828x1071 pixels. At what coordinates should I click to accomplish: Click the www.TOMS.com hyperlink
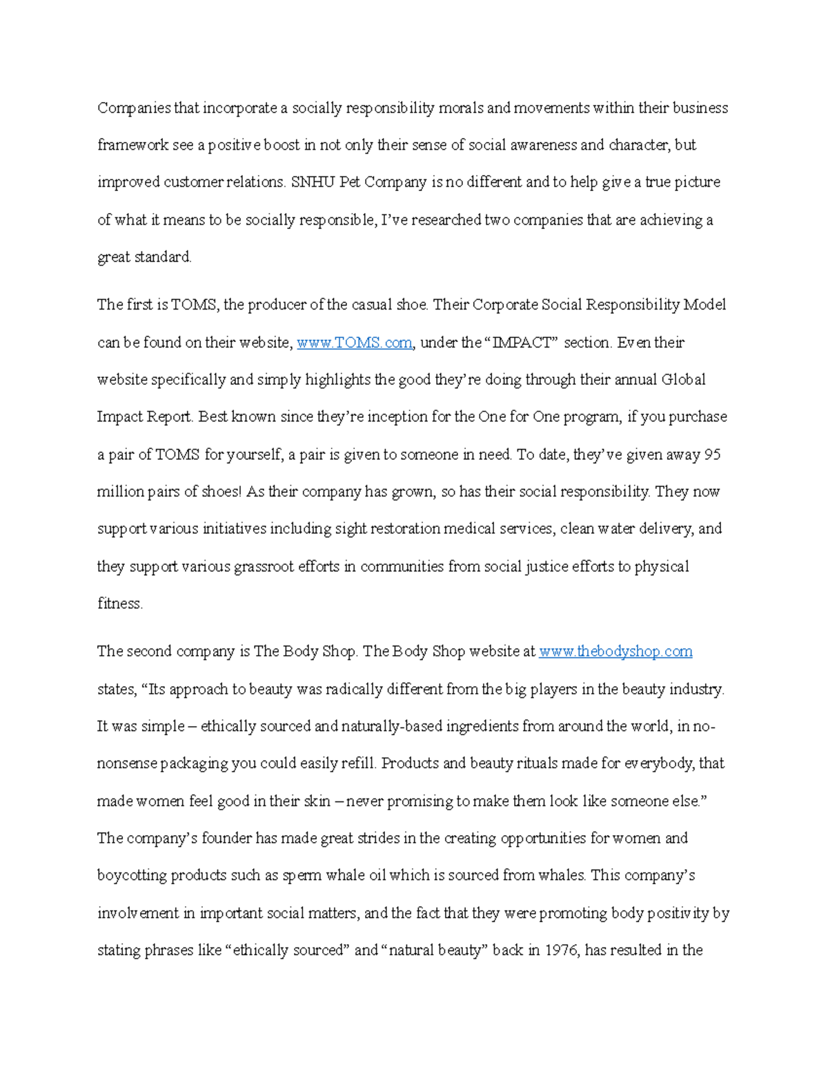[x=354, y=343]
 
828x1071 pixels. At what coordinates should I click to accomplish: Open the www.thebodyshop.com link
[x=615, y=652]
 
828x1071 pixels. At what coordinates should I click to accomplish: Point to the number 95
[x=712, y=454]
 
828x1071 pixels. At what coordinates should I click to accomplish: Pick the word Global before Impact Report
[x=683, y=380]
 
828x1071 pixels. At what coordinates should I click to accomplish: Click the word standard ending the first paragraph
[x=162, y=257]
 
